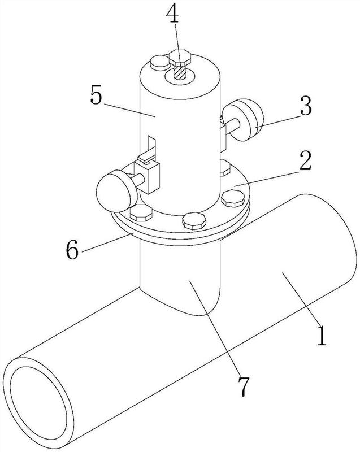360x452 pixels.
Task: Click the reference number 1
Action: (x=322, y=336)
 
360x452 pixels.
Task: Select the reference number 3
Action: (x=306, y=106)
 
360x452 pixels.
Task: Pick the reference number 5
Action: (x=97, y=94)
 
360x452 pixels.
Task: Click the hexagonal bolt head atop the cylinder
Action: (x=180, y=57)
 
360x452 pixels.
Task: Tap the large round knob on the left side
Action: (x=115, y=190)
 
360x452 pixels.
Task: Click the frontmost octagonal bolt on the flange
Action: (x=194, y=220)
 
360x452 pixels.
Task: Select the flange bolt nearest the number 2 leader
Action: (x=233, y=198)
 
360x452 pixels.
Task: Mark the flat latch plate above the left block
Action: (x=147, y=155)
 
